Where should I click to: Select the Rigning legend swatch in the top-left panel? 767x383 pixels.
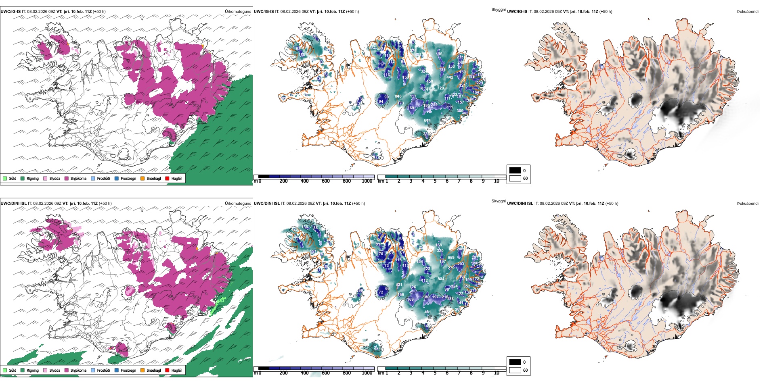click(23, 178)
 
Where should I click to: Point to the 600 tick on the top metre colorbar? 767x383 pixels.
click(326, 181)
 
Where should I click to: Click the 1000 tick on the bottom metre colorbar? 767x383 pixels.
click(367, 373)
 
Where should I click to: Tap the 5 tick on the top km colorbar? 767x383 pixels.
click(435, 181)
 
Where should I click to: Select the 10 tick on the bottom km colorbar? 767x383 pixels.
click(497, 373)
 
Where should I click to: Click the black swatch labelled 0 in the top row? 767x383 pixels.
click(515, 171)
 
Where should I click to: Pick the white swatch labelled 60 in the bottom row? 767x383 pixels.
click(515, 370)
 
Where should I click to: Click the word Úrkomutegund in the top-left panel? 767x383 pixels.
click(238, 12)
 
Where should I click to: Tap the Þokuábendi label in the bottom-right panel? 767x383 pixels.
click(748, 204)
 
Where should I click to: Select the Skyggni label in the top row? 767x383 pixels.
click(498, 9)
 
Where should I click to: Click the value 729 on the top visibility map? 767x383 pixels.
click(440, 88)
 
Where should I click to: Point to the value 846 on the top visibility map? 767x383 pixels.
click(398, 96)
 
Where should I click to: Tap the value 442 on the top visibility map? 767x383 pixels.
click(450, 77)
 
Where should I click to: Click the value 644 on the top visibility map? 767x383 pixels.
click(427, 121)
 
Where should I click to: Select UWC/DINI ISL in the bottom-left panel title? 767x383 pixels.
click(13, 204)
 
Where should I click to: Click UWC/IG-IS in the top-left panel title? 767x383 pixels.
click(10, 12)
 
